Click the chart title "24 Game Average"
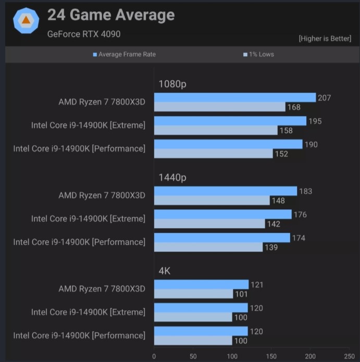coord(110,15)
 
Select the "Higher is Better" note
coord(325,39)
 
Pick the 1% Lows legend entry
coord(258,54)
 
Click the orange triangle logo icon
coord(25,21)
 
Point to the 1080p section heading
coord(172,84)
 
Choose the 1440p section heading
coord(172,178)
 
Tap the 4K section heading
coord(165,271)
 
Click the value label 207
coord(324,98)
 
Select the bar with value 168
coord(219,107)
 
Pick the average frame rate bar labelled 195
coord(230,121)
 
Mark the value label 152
coord(281,154)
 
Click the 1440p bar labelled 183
coord(225,191)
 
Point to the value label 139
coord(271,247)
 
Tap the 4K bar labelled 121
coord(201,284)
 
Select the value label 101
coord(241,294)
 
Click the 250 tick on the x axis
coord(349,356)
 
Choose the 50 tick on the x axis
coord(193,356)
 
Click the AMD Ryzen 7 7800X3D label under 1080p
coord(102,102)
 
